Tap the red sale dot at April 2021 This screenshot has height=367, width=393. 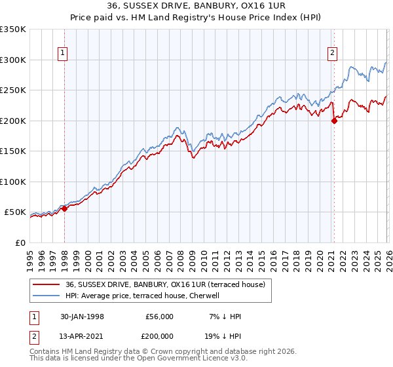tap(334, 121)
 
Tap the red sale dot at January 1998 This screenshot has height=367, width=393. tap(65, 208)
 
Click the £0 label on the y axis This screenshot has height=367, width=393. tap(20, 242)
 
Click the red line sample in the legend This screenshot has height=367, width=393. tap(47, 284)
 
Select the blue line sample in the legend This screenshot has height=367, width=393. tap(47, 296)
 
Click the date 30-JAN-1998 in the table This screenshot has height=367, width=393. tap(82, 317)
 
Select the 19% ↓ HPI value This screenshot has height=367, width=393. tap(223, 335)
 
